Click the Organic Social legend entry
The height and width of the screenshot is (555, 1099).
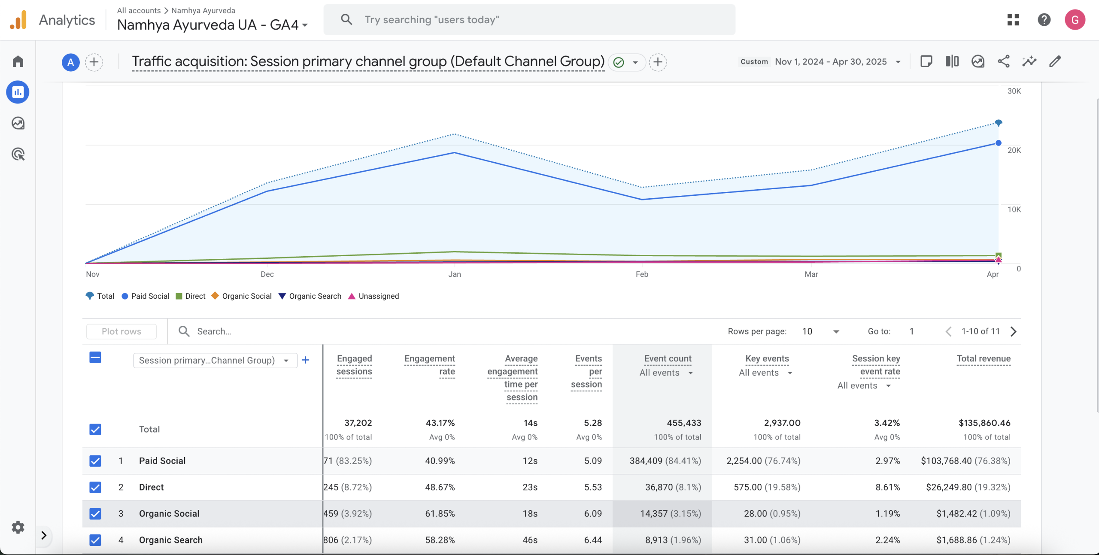click(x=242, y=296)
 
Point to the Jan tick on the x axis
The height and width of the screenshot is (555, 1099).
click(x=455, y=274)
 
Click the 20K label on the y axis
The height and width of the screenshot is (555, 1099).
click(x=1014, y=150)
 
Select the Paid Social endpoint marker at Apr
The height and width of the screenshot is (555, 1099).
click(x=999, y=143)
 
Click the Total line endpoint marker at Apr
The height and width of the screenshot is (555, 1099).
click(x=999, y=123)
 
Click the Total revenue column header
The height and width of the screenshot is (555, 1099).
click(x=983, y=359)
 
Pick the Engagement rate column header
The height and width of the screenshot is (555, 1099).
click(x=429, y=365)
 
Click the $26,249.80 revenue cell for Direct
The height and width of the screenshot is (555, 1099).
click(x=968, y=487)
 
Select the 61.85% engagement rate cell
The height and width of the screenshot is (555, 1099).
click(x=440, y=513)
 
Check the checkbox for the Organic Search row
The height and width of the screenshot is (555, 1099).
click(x=95, y=540)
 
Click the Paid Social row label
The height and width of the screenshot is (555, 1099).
click(x=162, y=461)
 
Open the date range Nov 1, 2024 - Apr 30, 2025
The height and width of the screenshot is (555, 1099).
click(x=830, y=62)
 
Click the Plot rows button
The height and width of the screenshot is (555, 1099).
click(x=121, y=331)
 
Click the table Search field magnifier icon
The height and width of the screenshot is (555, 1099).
click(x=184, y=331)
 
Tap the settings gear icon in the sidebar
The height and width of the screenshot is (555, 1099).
click(x=18, y=527)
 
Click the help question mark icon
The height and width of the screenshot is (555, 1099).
click(x=1044, y=20)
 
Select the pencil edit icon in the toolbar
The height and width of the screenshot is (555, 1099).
click(x=1055, y=61)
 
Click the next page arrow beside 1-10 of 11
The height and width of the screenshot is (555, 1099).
click(x=1014, y=331)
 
